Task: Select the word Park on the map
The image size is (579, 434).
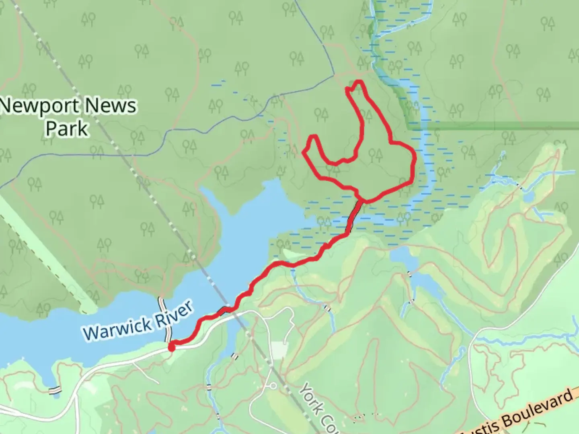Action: point(67,129)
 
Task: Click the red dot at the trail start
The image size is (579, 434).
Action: point(171,347)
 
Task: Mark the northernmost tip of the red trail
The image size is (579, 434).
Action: point(357,82)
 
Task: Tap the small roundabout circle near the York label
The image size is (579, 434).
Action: point(273,386)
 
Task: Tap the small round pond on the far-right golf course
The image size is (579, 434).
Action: point(528,197)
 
